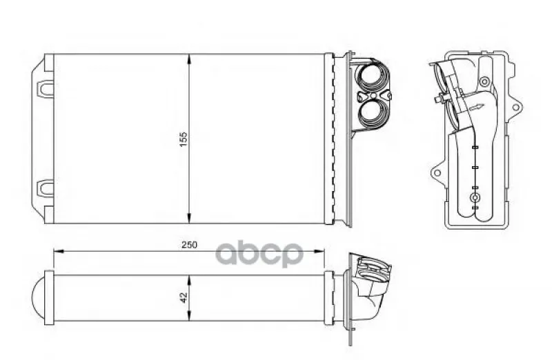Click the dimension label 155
tap(184, 139)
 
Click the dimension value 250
tap(189, 245)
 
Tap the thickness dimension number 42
tap(184, 298)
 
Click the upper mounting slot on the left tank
tap(45, 88)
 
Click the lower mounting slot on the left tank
tap(45, 188)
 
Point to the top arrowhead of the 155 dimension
tap(189, 59)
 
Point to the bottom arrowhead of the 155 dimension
tap(189, 219)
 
